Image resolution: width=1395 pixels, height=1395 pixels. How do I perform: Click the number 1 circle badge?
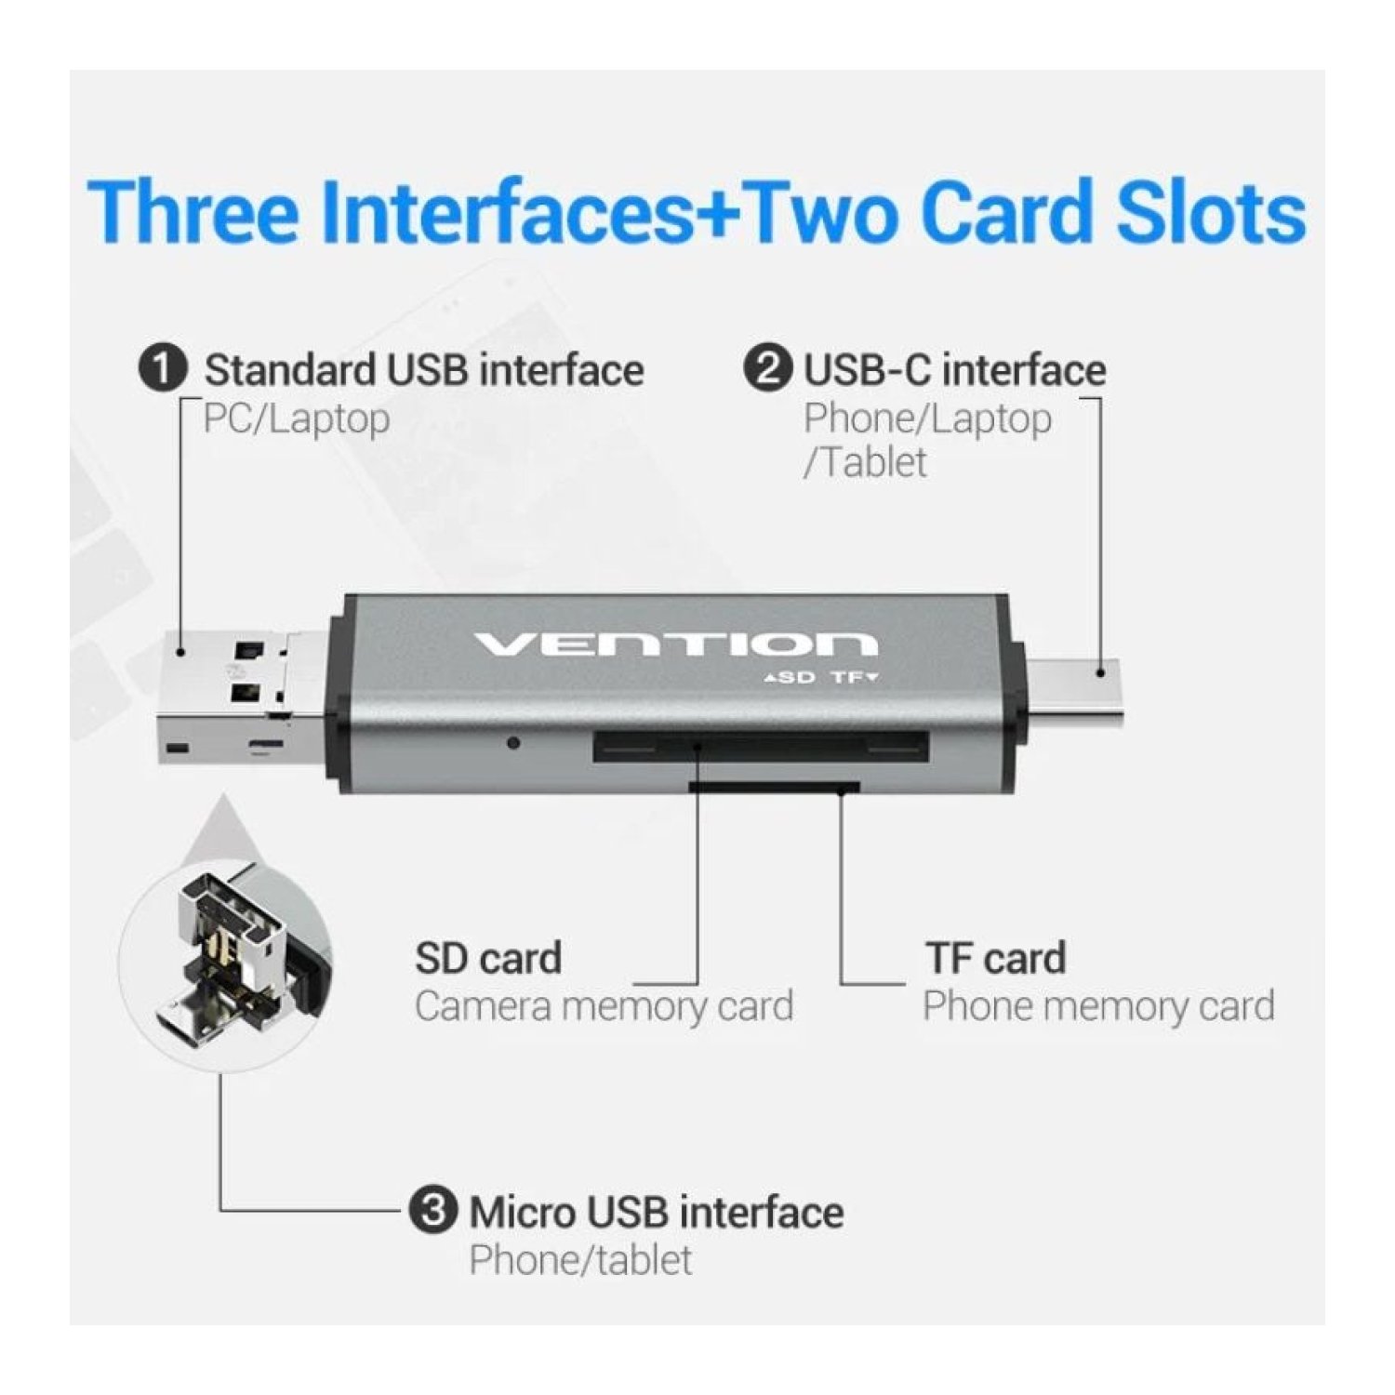click(x=163, y=369)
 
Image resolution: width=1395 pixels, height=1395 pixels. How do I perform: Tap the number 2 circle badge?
click(x=767, y=369)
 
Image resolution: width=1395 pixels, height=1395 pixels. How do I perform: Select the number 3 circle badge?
click(x=433, y=1211)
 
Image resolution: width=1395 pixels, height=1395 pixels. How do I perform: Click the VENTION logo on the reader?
click(x=676, y=644)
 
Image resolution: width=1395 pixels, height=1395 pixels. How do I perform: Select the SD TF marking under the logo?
click(x=820, y=677)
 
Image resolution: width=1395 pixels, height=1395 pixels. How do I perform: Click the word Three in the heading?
click(x=193, y=211)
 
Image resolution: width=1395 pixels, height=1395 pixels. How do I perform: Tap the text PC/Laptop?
click(x=297, y=419)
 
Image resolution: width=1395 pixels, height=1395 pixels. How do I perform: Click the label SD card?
click(x=488, y=959)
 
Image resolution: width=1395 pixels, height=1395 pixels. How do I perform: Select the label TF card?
click(x=995, y=959)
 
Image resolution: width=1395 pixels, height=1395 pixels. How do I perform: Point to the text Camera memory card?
click(x=604, y=1007)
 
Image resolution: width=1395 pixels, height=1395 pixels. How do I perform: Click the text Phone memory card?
click(x=1098, y=1007)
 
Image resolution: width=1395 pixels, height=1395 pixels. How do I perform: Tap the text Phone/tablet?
click(x=580, y=1261)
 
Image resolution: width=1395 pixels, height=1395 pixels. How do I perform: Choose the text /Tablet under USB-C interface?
click(x=865, y=462)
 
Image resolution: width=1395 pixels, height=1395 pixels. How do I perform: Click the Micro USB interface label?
click(x=657, y=1213)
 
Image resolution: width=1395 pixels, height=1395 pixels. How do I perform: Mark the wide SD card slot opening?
click(x=761, y=747)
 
